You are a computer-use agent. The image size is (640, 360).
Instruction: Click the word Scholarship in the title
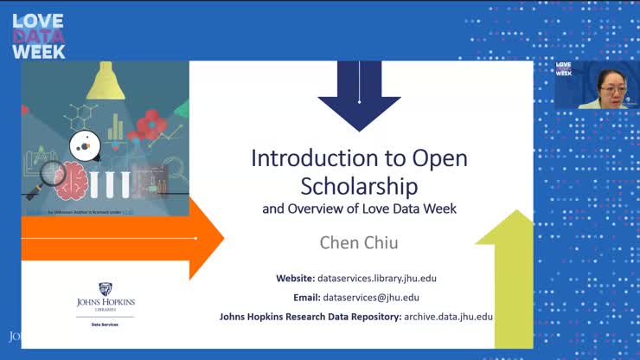pyautogui.click(x=359, y=185)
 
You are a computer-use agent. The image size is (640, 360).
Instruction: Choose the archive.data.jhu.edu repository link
pyautogui.click(x=448, y=317)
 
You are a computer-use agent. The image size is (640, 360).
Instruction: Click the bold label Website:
pyautogui.click(x=295, y=278)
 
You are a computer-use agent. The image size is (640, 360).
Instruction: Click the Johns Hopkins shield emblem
pyautogui.click(x=106, y=289)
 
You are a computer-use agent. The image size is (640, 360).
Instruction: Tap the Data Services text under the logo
pyautogui.click(x=106, y=324)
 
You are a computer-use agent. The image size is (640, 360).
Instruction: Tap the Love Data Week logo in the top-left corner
pyautogui.click(x=38, y=35)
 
